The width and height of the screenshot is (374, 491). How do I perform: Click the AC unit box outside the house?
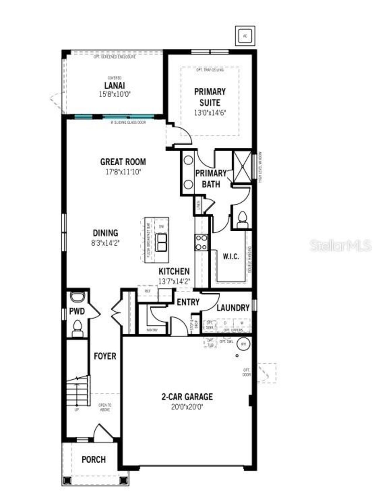(x=245, y=36)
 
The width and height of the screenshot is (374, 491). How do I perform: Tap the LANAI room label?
(x=115, y=86)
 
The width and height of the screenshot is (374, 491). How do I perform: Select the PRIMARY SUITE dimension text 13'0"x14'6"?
(x=210, y=113)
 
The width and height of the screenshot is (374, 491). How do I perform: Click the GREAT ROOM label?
(x=123, y=162)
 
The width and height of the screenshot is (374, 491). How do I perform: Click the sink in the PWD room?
(x=77, y=297)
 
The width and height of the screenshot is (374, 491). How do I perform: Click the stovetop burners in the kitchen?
(x=201, y=242)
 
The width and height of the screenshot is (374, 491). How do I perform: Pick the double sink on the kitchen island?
(x=161, y=242)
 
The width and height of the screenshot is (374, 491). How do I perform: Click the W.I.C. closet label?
(x=231, y=257)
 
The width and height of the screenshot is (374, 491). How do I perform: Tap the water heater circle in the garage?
(x=243, y=344)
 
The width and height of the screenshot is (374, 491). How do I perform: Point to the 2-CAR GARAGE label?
(x=187, y=397)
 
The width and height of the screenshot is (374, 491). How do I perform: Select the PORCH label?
(x=93, y=459)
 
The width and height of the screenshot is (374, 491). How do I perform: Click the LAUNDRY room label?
(x=233, y=308)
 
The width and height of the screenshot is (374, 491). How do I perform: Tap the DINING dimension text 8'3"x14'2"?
(x=105, y=243)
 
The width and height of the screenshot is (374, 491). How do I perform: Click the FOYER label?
(x=105, y=356)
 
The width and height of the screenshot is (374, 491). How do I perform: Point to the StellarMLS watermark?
(x=340, y=246)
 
